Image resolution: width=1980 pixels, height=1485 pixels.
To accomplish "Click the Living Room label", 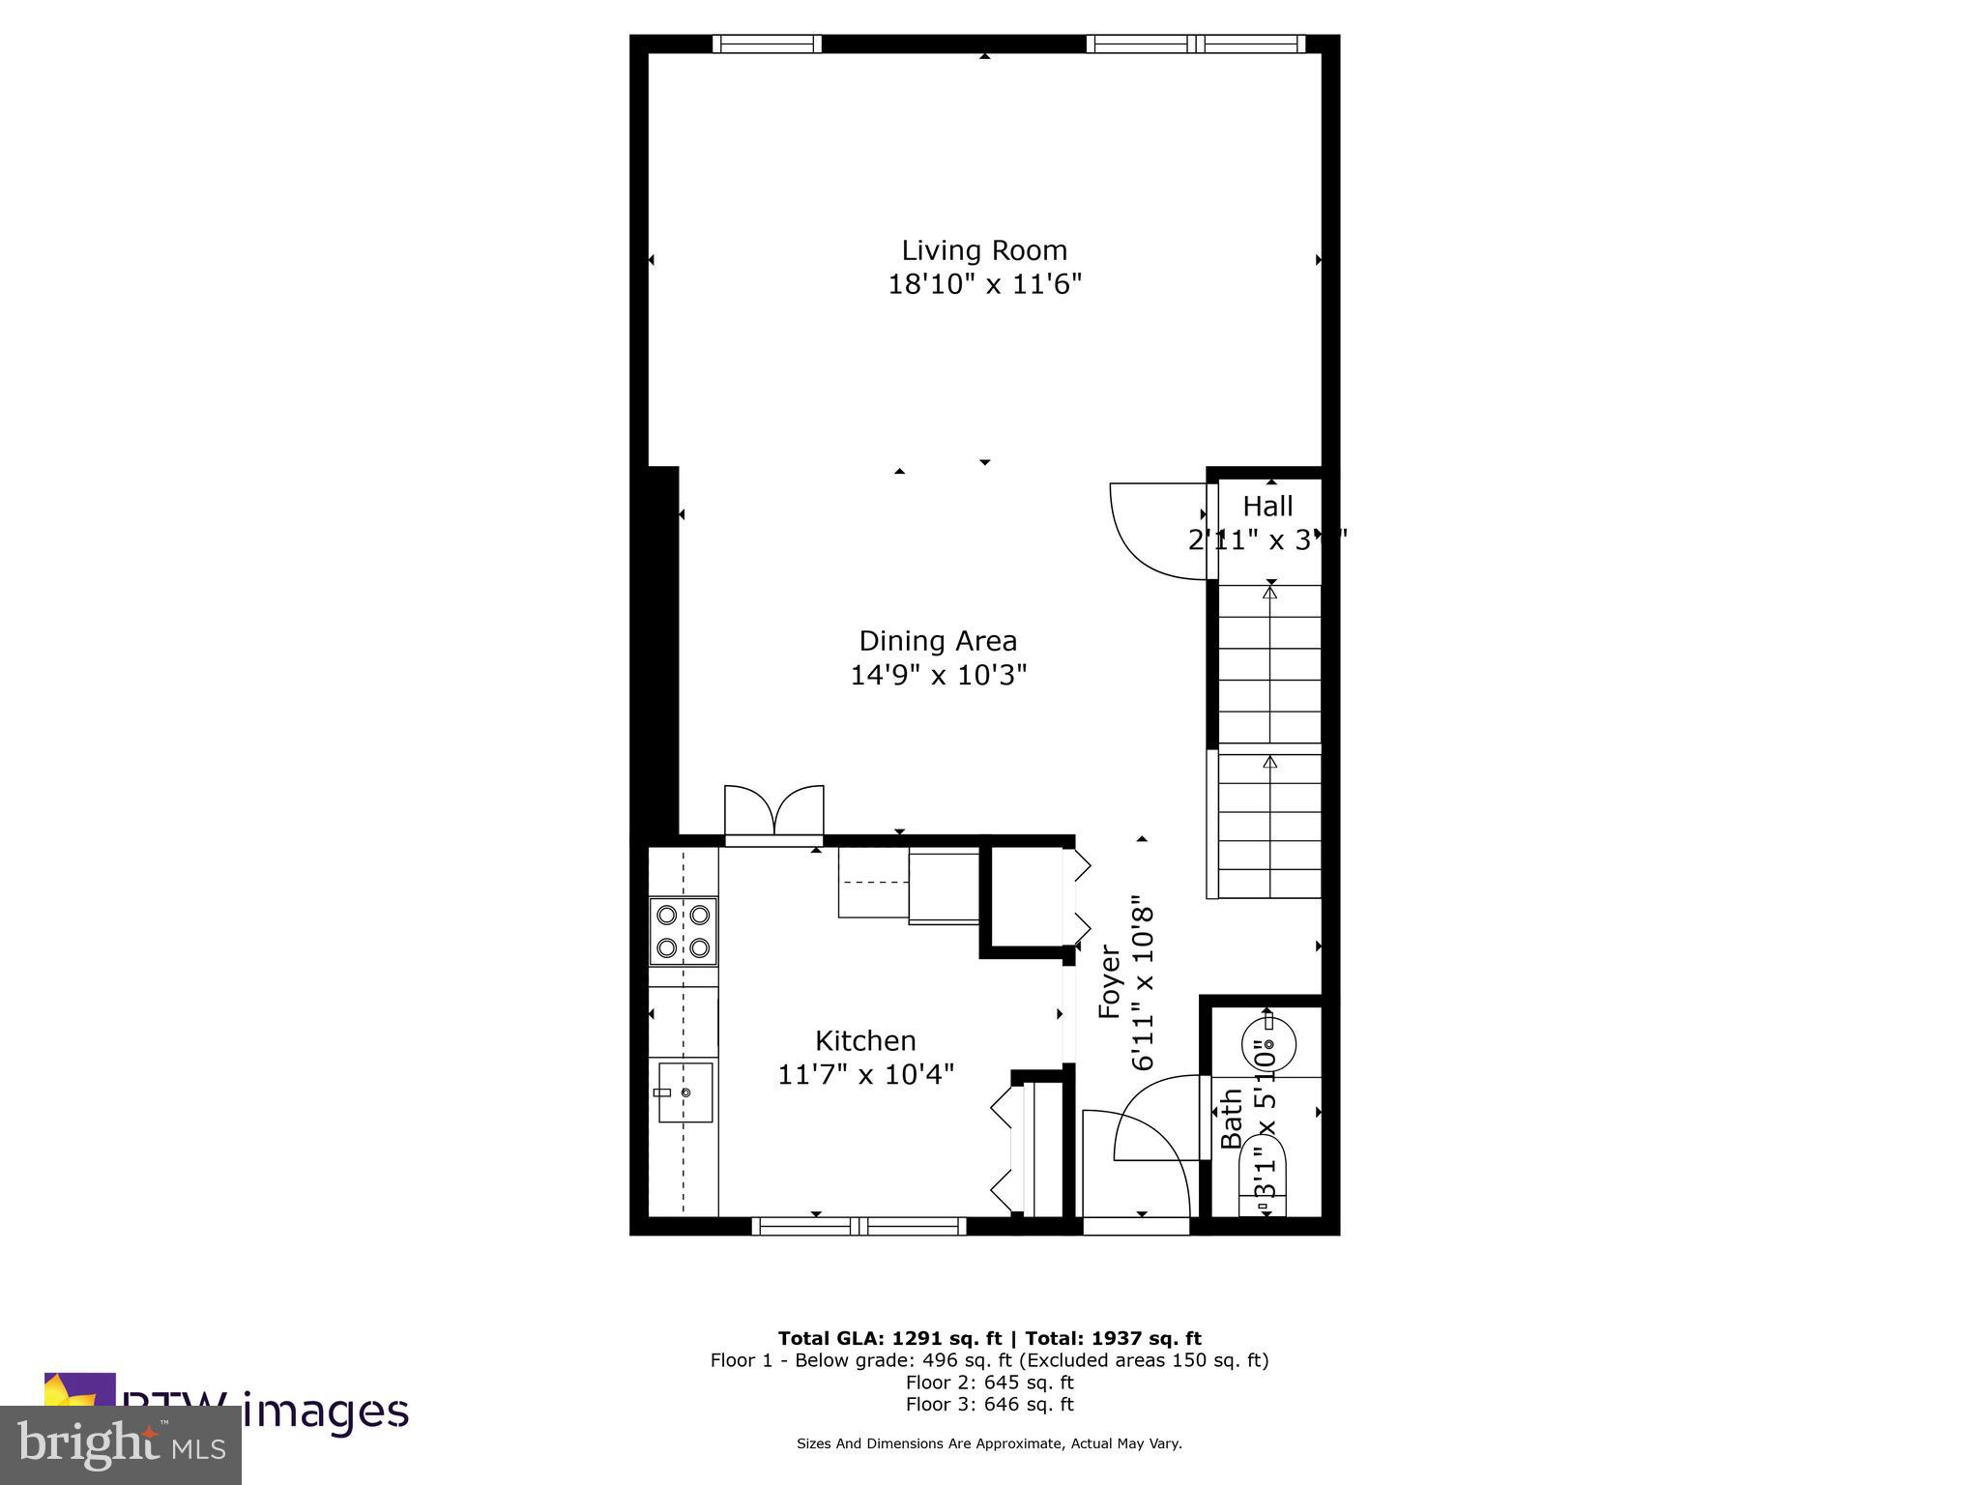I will (x=984, y=250).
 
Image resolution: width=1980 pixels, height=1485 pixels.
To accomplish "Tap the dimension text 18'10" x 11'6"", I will (x=984, y=285).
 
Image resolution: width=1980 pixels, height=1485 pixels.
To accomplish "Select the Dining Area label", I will (x=938, y=641).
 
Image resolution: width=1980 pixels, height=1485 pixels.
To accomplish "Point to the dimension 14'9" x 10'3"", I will (x=938, y=675).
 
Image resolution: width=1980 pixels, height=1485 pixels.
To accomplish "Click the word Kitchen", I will (x=865, y=1041).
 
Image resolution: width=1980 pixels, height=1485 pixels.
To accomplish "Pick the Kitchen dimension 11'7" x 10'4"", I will (x=865, y=1074).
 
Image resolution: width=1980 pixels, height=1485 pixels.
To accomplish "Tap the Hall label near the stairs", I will (x=1267, y=507).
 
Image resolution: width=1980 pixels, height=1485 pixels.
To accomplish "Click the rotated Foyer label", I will (x=1110, y=982).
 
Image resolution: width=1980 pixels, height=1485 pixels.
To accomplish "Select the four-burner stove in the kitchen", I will (x=683, y=931).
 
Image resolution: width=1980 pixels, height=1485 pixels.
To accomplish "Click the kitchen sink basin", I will (x=685, y=1092).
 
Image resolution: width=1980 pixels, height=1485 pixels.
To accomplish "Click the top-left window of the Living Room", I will (x=767, y=44).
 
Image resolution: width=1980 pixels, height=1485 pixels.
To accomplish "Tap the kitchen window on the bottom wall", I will (x=859, y=1227).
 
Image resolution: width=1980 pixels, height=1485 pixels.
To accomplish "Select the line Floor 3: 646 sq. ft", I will (x=989, y=1405).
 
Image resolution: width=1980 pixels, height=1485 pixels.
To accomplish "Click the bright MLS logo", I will (x=120, y=1445).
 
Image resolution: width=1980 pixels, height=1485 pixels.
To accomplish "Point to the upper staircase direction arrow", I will (x=1270, y=592).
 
